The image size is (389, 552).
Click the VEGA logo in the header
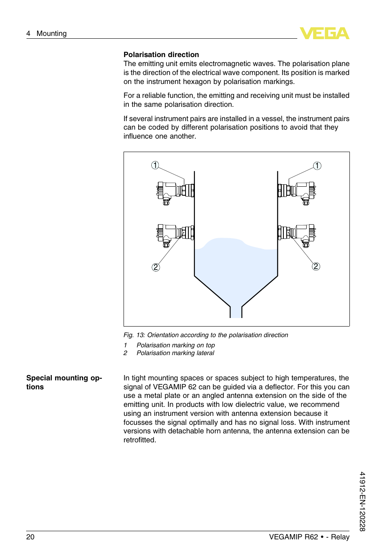[324, 33]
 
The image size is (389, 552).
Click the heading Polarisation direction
[161, 55]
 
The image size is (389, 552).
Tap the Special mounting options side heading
[64, 382]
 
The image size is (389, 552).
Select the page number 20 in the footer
[31, 537]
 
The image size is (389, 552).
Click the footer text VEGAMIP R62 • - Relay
[309, 537]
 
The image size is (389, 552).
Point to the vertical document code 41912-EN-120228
[362, 501]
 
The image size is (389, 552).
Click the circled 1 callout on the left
[155, 165]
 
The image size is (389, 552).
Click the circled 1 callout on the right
[317, 166]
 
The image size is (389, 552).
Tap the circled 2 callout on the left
[156, 267]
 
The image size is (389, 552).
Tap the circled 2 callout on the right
[316, 266]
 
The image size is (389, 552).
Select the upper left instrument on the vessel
[175, 191]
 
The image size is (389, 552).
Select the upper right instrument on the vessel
[297, 191]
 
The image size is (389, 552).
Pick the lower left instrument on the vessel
[175, 233]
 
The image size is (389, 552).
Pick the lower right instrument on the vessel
[297, 233]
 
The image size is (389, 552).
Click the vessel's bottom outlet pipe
[236, 312]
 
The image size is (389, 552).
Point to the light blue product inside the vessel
[236, 269]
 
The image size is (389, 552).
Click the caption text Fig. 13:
[134, 335]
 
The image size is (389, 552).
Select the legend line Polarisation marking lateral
[175, 353]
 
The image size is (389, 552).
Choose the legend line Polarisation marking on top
[176, 345]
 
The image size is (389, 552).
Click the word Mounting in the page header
[51, 33]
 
